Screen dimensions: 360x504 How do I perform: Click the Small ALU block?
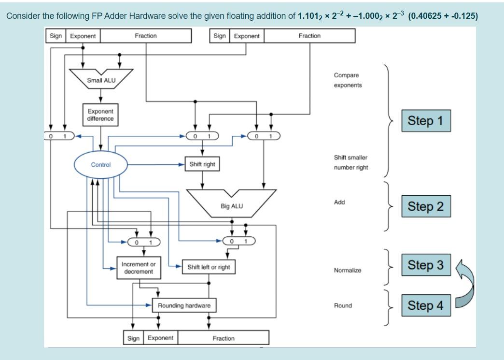[x=101, y=79]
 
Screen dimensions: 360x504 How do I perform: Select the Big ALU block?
[x=232, y=203]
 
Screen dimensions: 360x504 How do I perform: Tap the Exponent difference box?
[x=100, y=115]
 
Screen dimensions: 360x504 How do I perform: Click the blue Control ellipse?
[x=100, y=165]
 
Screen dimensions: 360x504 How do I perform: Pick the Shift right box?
[x=202, y=164]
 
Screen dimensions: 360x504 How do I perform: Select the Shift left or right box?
[x=209, y=267]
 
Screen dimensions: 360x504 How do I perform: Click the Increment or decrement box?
[x=139, y=268]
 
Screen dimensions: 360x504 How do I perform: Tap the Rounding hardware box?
[x=184, y=305]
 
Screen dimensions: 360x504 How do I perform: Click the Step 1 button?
[x=425, y=121]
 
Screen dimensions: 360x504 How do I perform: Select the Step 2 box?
[x=425, y=206]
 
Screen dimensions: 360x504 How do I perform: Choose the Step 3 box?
[x=425, y=265]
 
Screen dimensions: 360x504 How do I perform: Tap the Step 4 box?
[x=425, y=305]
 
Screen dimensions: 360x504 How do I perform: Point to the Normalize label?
[x=347, y=271]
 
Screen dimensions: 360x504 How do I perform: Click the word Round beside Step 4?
[x=343, y=305]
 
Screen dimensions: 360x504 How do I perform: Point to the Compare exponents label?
[x=348, y=80]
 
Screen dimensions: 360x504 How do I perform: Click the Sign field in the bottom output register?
[x=133, y=338]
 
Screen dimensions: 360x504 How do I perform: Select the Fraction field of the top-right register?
[x=309, y=36]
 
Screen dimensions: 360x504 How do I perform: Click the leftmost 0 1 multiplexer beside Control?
[x=57, y=136]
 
